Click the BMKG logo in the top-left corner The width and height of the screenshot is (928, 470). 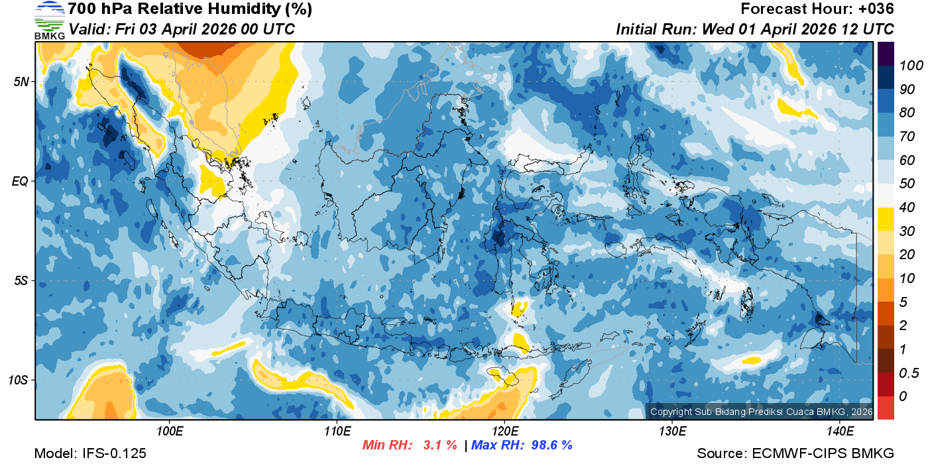[50, 20]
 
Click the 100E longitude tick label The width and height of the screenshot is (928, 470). [170, 432]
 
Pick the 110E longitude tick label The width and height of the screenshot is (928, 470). [337, 432]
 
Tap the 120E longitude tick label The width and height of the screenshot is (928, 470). [505, 432]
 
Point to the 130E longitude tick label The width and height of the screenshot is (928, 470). [672, 432]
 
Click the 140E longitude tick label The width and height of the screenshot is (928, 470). [840, 432]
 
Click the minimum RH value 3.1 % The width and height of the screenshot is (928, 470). [440, 445]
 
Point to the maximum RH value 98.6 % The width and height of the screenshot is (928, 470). [548, 445]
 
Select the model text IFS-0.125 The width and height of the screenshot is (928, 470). [113, 454]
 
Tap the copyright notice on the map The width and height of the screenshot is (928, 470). [761, 412]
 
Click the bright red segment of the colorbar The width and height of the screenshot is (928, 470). [886, 408]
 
